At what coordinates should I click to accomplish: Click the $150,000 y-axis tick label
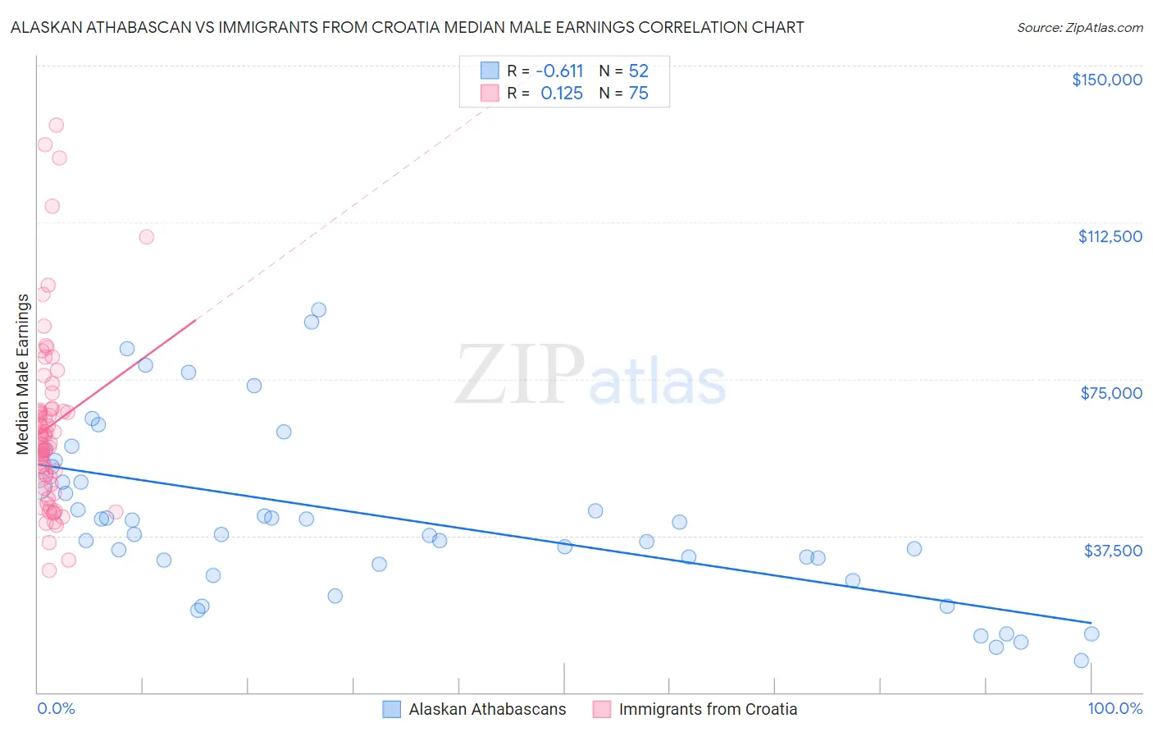click(1106, 80)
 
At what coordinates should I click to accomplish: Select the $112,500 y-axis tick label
click(1110, 236)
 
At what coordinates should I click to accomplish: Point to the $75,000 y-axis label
click(1111, 393)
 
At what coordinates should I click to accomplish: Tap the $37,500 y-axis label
click(1113, 551)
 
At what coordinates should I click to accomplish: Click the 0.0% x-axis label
click(56, 708)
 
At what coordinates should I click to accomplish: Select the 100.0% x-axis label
click(1114, 708)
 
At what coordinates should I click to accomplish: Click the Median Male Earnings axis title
click(23, 374)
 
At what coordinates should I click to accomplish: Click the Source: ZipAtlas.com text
click(1079, 28)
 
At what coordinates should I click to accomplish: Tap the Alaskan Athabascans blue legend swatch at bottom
click(392, 709)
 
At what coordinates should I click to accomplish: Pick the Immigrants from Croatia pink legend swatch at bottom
click(602, 709)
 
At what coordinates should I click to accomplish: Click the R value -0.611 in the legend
click(559, 71)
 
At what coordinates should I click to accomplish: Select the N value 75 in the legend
click(638, 94)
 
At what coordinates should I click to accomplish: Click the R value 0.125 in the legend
click(562, 94)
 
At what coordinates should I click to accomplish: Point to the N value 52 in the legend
click(638, 71)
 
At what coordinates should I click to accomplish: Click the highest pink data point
click(56, 126)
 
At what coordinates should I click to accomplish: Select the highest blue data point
click(319, 310)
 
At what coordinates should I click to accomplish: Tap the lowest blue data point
click(1081, 661)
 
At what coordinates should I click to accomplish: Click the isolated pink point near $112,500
click(147, 237)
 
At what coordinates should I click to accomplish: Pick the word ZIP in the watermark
click(519, 375)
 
